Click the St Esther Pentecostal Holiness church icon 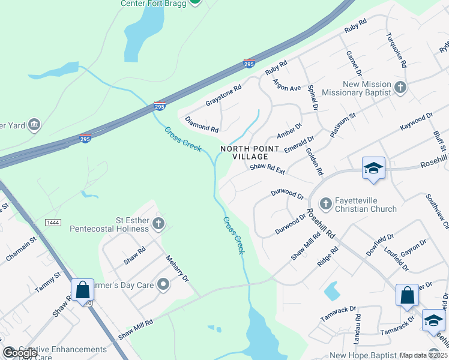point(158,224)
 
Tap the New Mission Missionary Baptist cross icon point(400,89)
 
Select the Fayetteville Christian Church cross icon point(325,205)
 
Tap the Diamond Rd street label point(202,124)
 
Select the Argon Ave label point(286,84)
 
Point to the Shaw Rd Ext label point(267,169)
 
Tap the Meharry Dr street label point(177,269)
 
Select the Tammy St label point(49,283)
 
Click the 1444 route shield point(53,223)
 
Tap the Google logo point(20,353)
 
